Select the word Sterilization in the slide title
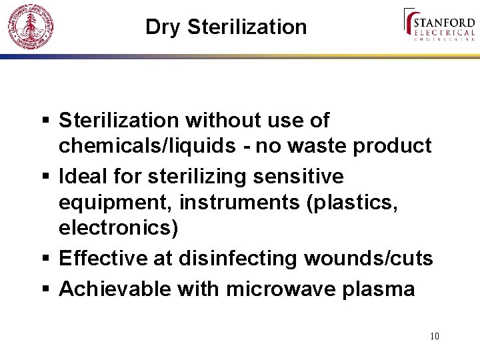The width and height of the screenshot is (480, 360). [247, 27]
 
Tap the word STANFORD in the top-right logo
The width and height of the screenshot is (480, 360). [444, 19]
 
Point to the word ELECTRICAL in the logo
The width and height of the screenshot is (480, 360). [444, 31]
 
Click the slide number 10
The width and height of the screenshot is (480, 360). [435, 336]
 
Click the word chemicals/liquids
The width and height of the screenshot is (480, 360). [147, 146]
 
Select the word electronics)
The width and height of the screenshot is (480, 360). [119, 228]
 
